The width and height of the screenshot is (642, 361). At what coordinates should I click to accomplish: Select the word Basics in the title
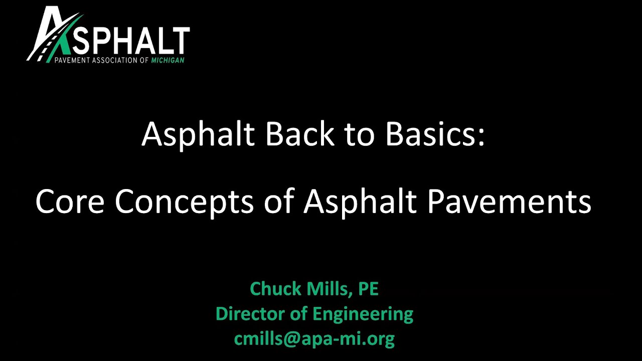pos(432,134)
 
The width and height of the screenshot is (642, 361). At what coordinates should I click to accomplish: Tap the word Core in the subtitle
pos(70,202)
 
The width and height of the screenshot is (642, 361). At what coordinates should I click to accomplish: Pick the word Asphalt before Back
pos(198,134)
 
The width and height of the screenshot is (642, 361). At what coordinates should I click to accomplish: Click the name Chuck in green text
pos(274,289)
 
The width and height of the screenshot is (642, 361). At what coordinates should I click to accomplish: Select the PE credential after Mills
pos(368,289)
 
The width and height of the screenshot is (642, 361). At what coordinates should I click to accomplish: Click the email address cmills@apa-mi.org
pos(314,339)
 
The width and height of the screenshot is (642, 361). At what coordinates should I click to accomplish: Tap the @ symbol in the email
pos(294,339)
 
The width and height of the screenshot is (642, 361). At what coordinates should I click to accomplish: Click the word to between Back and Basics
pos(358,134)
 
